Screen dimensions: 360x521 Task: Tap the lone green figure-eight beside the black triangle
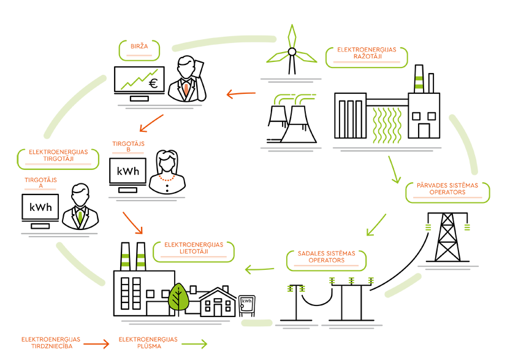pos(419,82)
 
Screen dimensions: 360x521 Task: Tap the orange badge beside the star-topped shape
pos(365,53)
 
